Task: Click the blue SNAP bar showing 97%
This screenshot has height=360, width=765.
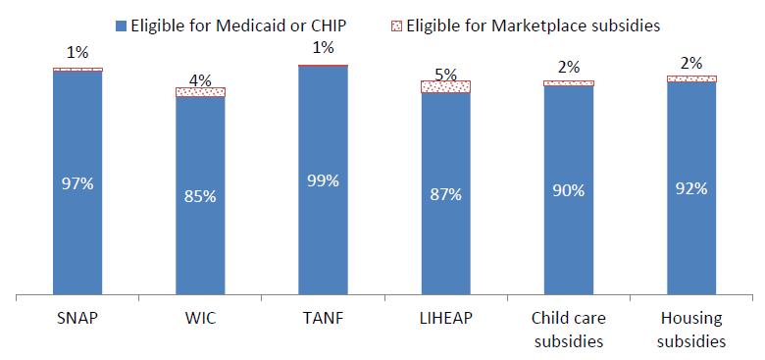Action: [77, 182]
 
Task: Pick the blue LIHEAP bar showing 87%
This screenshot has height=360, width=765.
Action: [446, 193]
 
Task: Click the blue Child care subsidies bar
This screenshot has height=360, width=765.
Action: [569, 189]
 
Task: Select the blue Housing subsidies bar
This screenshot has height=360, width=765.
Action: [691, 187]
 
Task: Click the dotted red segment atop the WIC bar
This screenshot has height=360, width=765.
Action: [200, 92]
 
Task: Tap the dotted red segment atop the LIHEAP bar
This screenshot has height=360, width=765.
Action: [446, 87]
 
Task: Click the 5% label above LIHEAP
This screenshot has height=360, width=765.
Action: [446, 72]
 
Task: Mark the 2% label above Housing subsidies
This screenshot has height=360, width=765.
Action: [691, 66]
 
